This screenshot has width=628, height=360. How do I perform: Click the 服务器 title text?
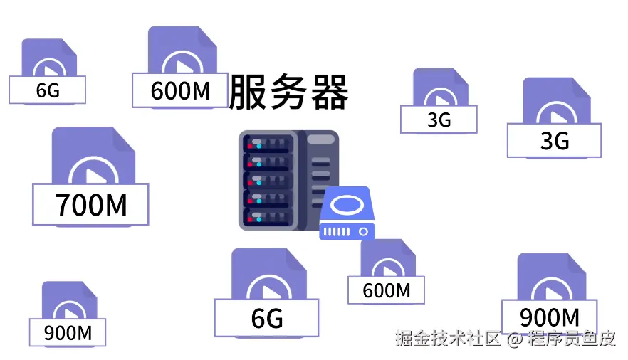tap(289, 93)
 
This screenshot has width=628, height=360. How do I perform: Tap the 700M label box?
tap(90, 204)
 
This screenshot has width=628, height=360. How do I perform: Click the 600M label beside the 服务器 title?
tap(180, 91)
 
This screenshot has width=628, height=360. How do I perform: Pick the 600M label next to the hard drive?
tap(386, 290)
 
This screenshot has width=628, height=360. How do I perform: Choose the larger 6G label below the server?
tap(266, 318)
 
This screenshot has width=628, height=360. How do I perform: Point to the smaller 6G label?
tap(48, 90)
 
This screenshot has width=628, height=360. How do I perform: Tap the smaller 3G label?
tap(439, 119)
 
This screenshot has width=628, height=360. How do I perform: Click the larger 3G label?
tap(554, 141)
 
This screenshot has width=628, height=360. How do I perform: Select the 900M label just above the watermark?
tap(549, 317)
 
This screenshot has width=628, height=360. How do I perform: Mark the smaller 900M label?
tap(68, 332)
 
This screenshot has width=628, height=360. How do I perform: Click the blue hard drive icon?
tap(347, 213)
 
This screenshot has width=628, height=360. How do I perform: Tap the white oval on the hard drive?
tap(347, 205)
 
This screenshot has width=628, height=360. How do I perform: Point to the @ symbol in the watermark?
tap(515, 339)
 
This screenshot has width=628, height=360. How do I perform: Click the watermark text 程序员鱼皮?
tap(571, 339)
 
